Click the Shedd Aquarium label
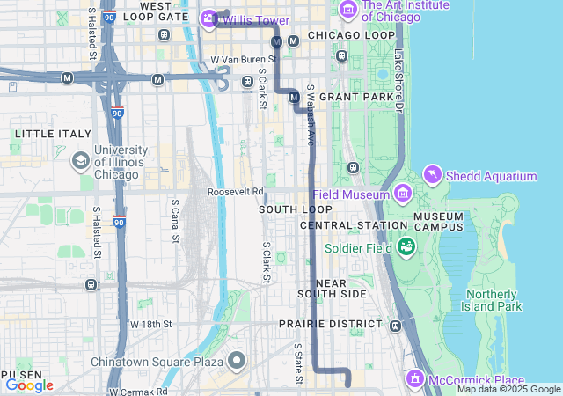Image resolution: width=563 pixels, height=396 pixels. pyautogui.click(x=491, y=176)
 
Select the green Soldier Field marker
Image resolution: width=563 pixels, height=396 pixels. pyautogui.click(x=406, y=246)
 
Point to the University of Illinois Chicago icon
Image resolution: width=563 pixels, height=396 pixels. pyautogui.click(x=81, y=161)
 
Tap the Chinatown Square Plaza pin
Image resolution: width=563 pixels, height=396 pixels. pyautogui.click(x=237, y=360)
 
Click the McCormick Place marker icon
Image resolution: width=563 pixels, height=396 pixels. pyautogui.click(x=415, y=378)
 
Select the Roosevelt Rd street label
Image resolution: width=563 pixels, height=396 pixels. pyautogui.click(x=236, y=192)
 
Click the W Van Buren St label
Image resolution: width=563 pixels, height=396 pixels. pyautogui.click(x=244, y=60)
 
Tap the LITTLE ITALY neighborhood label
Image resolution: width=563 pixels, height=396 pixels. pyautogui.click(x=53, y=134)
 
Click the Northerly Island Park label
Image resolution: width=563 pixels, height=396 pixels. pyautogui.click(x=494, y=300)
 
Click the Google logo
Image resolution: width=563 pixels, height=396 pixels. pyautogui.click(x=30, y=385)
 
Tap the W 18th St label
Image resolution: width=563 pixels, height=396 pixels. pyautogui.click(x=150, y=324)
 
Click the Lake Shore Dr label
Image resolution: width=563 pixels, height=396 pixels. pyautogui.click(x=398, y=79)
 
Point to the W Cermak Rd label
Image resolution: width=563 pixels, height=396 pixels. pyautogui.click(x=138, y=391)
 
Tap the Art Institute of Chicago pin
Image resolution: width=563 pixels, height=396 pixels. pyautogui.click(x=347, y=10)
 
